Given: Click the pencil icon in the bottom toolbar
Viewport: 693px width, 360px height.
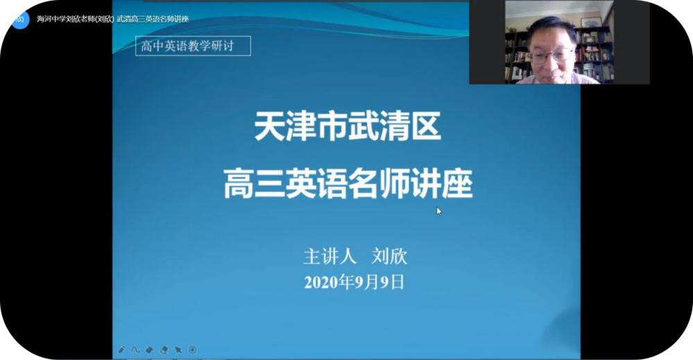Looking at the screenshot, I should click(x=122, y=350).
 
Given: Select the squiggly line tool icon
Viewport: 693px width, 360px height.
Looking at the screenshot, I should click(x=135, y=350).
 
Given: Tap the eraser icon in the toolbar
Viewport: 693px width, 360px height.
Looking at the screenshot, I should click(x=164, y=350).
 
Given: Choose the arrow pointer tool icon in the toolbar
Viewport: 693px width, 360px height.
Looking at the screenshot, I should click(x=178, y=350).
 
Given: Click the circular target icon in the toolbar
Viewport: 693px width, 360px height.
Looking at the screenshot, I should click(x=193, y=350).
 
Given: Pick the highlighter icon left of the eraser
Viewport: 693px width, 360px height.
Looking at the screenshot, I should click(x=150, y=350).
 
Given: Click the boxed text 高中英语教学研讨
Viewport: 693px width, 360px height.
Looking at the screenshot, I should click(x=193, y=46).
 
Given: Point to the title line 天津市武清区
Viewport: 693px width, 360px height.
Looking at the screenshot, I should click(x=348, y=129).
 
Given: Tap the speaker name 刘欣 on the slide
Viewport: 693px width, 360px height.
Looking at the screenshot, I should click(x=390, y=257).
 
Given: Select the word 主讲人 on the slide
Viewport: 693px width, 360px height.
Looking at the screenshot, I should click(x=330, y=257).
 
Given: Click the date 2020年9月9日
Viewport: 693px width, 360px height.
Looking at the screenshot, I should click(x=354, y=282).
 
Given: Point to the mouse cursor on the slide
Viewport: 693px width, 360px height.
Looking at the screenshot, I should click(x=438, y=211).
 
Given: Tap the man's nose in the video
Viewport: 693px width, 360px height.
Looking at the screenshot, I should click(x=553, y=61).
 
